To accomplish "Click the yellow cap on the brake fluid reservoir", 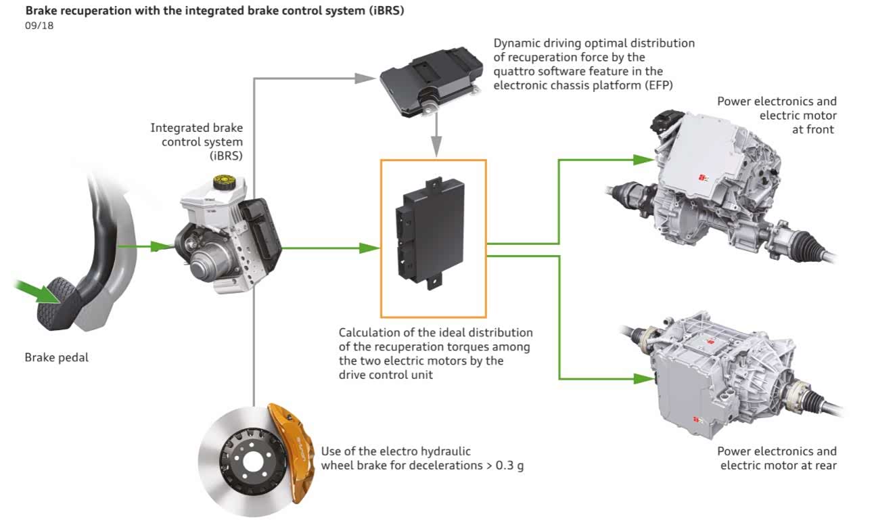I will (221, 182).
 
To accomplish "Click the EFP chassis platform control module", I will (428, 82).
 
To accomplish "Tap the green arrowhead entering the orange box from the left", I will (369, 248).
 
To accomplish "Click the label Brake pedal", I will (57, 357).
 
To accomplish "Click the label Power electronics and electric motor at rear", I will (777, 458).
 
